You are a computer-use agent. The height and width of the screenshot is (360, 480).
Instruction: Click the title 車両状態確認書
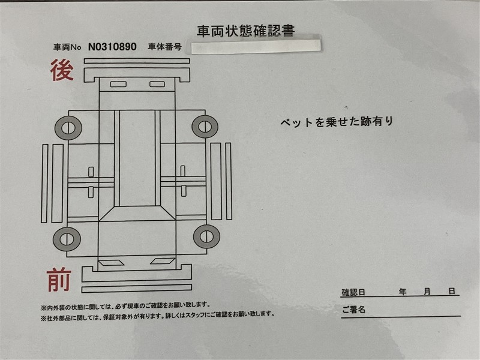[x=246, y=31]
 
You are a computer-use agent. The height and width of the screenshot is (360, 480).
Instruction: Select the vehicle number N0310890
[x=112, y=47]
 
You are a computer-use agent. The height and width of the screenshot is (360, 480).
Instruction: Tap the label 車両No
[x=67, y=47]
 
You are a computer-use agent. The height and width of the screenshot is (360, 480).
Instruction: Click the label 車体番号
[x=164, y=47]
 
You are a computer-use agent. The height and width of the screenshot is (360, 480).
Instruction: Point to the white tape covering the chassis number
[x=256, y=46]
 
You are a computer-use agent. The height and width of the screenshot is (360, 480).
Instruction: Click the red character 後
[x=62, y=70]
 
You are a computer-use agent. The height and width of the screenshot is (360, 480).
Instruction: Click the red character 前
[x=59, y=280]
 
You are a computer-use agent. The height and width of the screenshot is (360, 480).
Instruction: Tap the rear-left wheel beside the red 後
[x=68, y=128]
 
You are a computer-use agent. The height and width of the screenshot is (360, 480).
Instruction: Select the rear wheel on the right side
[x=205, y=127]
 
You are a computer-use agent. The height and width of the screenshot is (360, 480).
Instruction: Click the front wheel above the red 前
[x=67, y=239]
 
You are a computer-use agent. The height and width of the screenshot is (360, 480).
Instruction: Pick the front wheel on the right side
[x=206, y=236]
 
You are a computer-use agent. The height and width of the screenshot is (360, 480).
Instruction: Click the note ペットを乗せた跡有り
[x=337, y=122]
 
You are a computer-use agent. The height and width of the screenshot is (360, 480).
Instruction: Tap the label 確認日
[x=353, y=292]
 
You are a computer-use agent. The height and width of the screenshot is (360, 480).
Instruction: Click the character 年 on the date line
[x=403, y=292]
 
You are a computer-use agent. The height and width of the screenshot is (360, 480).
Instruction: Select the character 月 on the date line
[x=427, y=292]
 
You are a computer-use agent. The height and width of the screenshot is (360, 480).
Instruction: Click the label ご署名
[x=354, y=309]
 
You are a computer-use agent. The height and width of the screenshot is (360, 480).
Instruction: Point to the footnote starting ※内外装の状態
[x=125, y=306]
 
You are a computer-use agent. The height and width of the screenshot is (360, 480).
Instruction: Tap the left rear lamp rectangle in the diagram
[x=118, y=84]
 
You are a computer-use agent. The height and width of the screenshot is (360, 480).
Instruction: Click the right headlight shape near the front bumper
[x=163, y=261]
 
